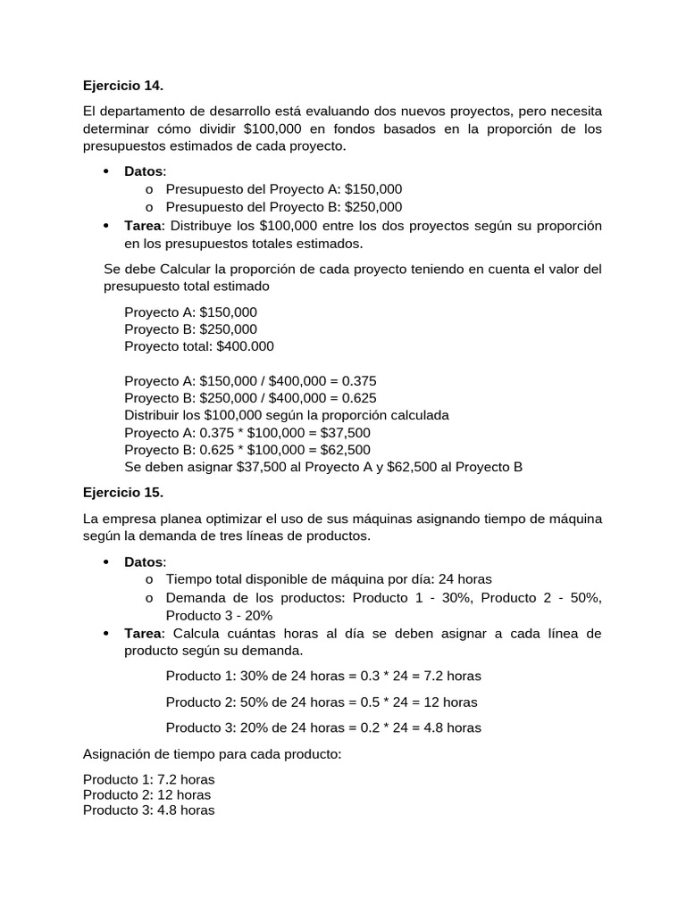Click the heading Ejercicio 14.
click(x=123, y=86)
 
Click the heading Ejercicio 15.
click(x=123, y=492)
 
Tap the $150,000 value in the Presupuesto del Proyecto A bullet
click(x=373, y=188)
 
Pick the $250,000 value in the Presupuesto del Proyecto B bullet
click(x=373, y=206)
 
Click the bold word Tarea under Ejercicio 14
click(x=144, y=225)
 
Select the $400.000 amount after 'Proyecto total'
click(x=245, y=346)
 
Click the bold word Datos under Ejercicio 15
click(x=144, y=562)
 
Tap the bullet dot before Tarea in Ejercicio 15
click(x=105, y=634)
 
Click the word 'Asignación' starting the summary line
click(x=116, y=754)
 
